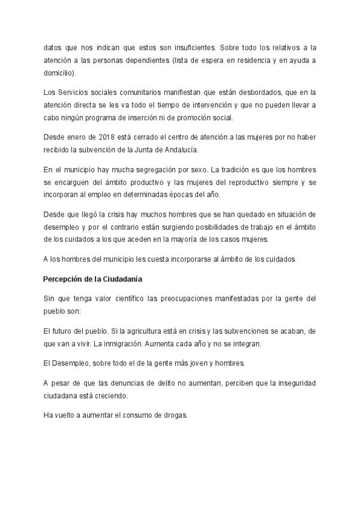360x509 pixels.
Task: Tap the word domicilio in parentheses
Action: click(58, 73)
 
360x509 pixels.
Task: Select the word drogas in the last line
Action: click(174, 415)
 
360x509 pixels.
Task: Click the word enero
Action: click(75, 136)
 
